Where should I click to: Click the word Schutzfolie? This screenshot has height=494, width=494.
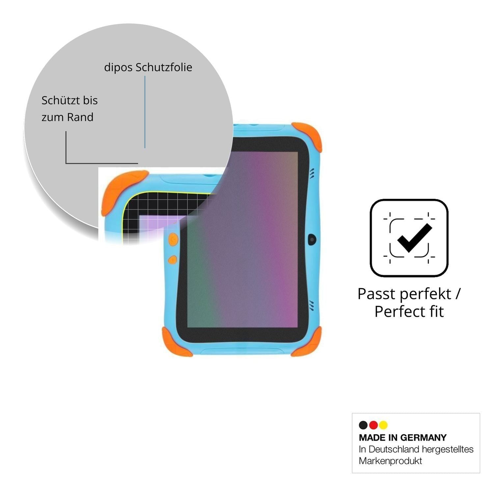[164, 67]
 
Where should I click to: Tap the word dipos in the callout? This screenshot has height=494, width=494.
[119, 68]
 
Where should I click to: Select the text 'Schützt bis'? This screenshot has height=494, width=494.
[69, 100]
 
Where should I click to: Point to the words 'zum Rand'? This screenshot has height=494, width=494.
[67, 117]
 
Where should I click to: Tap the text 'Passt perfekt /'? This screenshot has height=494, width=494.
[409, 294]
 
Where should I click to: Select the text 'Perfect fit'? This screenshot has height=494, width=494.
[409, 312]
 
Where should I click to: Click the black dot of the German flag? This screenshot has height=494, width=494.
[363, 425]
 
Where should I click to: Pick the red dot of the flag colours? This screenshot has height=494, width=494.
[373, 425]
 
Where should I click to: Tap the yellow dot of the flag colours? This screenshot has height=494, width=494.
[383, 425]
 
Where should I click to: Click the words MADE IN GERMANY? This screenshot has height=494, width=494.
[403, 438]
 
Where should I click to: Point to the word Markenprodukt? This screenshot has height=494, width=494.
[390, 461]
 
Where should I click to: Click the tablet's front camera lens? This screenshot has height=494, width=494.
[312, 239]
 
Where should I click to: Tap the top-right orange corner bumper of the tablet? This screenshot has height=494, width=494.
[308, 135]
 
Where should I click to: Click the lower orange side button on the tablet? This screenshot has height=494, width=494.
[173, 260]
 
